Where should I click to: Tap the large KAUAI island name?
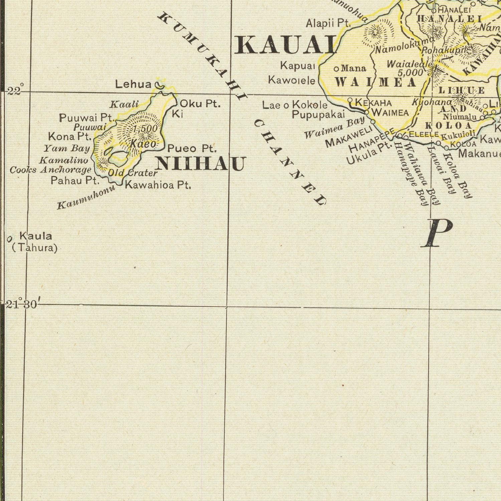pos(285,45)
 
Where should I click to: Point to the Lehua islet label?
pos(133,84)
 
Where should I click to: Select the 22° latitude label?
pos(15,90)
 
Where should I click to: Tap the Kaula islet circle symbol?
pos(9,238)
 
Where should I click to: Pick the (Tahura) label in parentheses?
pos(35,248)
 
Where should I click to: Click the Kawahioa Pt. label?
pos(158,185)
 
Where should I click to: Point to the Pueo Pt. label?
pos(192,148)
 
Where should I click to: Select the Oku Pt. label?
pos(200,104)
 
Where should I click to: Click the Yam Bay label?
pos(67,148)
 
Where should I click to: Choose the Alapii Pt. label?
pos(328,23)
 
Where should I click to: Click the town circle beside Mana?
pos(337,69)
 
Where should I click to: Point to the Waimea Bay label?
pos(334,128)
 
